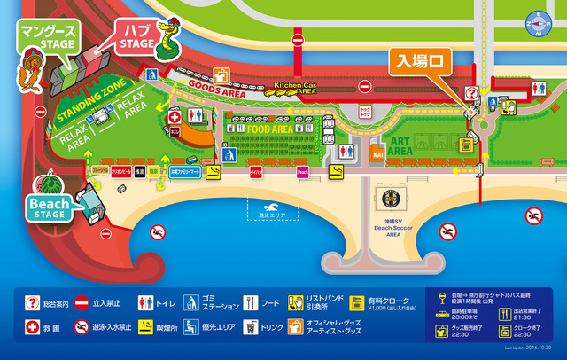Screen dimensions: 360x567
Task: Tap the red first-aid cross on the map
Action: point(175,117)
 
